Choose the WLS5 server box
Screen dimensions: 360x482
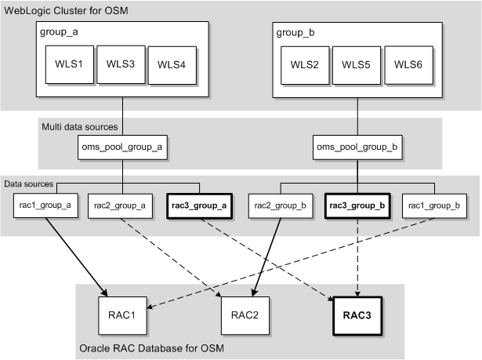(x=356, y=64)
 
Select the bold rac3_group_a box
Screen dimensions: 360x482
(x=198, y=206)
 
